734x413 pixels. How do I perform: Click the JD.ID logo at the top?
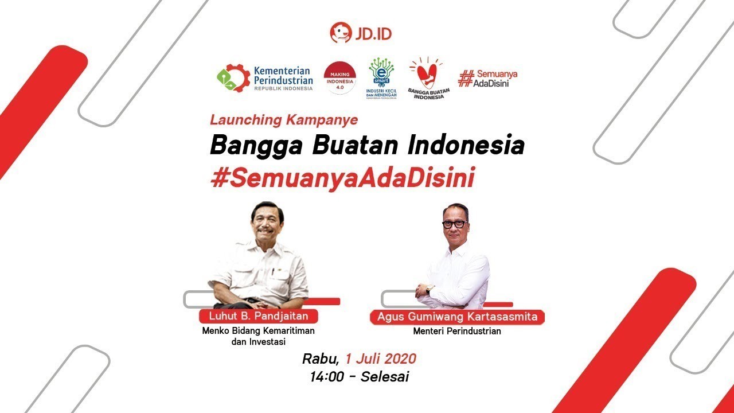pos(361,33)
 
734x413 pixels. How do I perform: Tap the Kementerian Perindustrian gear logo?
pos(233,77)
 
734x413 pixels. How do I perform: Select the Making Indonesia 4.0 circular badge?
pos(340,77)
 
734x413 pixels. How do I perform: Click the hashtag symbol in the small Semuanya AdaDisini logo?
pos(466,78)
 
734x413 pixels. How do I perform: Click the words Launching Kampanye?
pos(284,120)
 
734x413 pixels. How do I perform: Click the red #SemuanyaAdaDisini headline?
pos(343,178)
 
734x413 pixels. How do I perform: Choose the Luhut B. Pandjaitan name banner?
pos(258,316)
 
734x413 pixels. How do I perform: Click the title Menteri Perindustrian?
pos(457,331)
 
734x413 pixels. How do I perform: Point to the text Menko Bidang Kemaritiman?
pos(258,331)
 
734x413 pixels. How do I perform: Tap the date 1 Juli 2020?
pos(380,359)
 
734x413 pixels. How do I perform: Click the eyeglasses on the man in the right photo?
pos(455,224)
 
